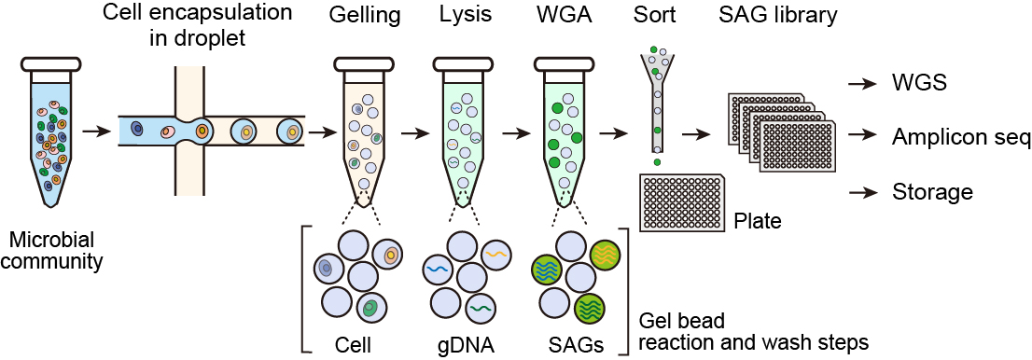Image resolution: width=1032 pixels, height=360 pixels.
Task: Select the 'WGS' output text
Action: [918, 83]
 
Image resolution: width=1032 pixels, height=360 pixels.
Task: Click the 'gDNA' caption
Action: [464, 344]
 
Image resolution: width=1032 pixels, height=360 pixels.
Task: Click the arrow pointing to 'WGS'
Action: [861, 84]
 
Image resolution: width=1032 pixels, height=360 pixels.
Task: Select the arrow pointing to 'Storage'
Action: [861, 193]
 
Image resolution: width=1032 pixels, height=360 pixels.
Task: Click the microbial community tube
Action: [49, 131]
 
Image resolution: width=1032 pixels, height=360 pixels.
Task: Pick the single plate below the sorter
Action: [681, 202]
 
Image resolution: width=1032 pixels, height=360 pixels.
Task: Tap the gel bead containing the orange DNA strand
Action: [495, 253]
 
